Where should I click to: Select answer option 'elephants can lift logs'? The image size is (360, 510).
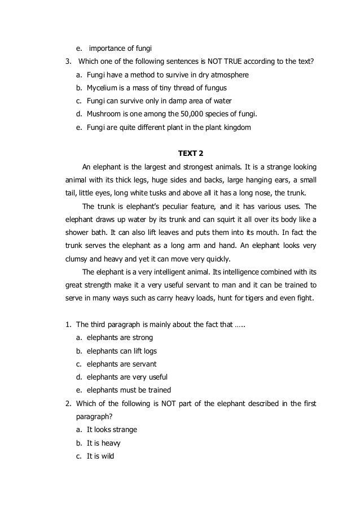click(122, 351)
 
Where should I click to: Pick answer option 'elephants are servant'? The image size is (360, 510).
click(121, 364)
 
